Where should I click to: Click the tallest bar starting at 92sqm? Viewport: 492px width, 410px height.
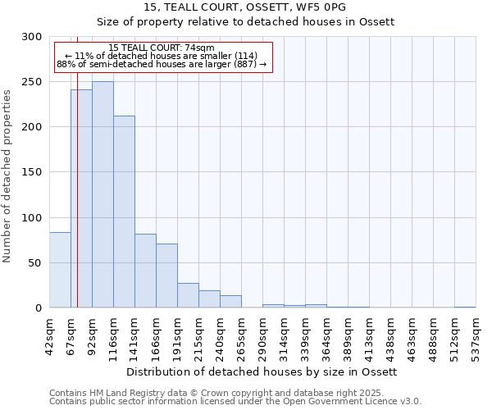tap(102, 194)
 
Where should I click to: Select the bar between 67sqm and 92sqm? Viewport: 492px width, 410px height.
tap(81, 198)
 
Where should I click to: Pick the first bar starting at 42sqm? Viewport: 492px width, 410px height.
tap(60, 270)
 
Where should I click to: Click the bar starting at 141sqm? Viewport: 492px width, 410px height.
tap(145, 271)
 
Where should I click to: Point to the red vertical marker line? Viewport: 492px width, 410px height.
tap(77, 164)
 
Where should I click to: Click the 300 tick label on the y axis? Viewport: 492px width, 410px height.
tap(31, 37)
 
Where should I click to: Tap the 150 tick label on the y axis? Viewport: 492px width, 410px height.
tap(31, 172)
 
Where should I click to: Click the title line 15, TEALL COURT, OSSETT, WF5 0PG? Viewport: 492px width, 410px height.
tap(245, 7)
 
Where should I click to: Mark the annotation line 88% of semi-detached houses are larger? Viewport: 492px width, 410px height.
tap(162, 64)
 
